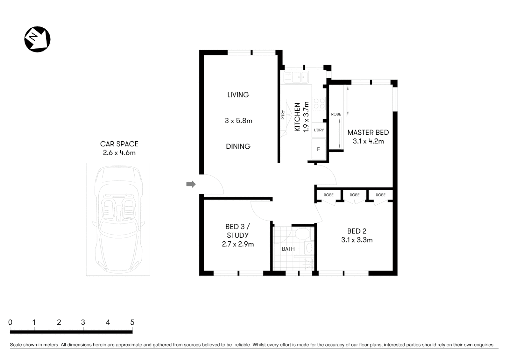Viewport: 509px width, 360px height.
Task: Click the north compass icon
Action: pyautogui.click(x=37, y=39)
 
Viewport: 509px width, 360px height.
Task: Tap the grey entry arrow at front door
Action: pyautogui.click(x=191, y=184)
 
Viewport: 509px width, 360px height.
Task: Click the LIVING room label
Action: pyautogui.click(x=238, y=95)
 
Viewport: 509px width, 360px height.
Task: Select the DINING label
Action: pyautogui.click(x=238, y=146)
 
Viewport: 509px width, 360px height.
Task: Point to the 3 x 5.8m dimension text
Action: pyautogui.click(x=238, y=121)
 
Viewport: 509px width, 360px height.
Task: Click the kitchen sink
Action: pyautogui.click(x=296, y=77)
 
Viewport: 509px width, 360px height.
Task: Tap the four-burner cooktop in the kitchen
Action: pyautogui.click(x=319, y=103)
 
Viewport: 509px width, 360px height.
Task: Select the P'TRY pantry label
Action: pyautogui.click(x=283, y=115)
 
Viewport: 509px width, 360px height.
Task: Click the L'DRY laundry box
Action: pyautogui.click(x=319, y=130)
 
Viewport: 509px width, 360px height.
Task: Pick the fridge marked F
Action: pyautogui.click(x=318, y=149)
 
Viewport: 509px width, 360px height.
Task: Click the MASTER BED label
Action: pyautogui.click(x=368, y=133)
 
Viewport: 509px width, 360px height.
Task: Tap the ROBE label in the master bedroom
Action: pyautogui.click(x=336, y=114)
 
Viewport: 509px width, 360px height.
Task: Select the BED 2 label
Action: pyautogui.click(x=356, y=231)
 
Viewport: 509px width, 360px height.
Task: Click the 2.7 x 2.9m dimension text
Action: pyautogui.click(x=238, y=244)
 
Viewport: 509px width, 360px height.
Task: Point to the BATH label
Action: pyautogui.click(x=288, y=249)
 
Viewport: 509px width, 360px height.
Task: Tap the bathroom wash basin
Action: pyautogui.click(x=309, y=248)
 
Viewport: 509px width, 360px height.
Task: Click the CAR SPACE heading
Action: pyautogui.click(x=119, y=144)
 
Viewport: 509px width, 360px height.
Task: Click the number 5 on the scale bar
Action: pyautogui.click(x=132, y=322)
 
